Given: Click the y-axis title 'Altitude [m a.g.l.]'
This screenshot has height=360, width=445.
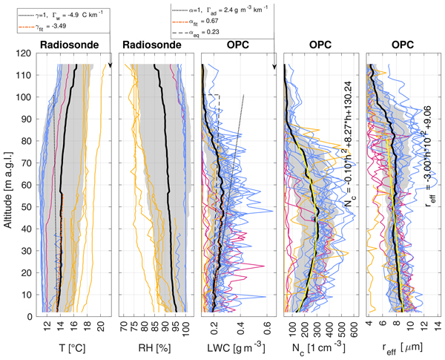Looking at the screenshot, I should [x=10, y=185].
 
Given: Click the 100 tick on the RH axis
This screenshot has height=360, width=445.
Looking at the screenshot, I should [x=185, y=326].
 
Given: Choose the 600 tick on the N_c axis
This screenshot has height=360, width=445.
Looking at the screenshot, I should [x=355, y=326].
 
